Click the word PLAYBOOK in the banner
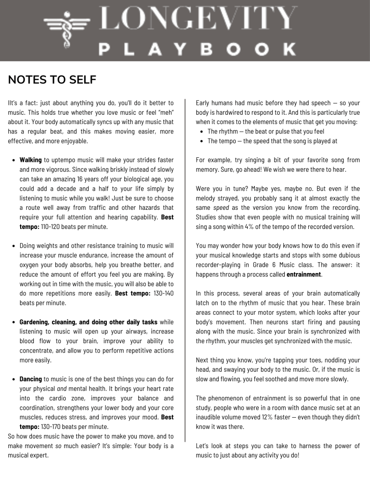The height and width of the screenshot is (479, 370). [196, 48]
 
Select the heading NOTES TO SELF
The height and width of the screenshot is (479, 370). [52, 80]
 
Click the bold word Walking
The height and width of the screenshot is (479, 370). [30, 160]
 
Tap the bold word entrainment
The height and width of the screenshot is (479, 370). [304, 274]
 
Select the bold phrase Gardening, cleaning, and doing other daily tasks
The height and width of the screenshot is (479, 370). [89, 322]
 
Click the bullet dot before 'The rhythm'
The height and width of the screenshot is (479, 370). [201, 132]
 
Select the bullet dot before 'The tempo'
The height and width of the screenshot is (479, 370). [201, 141]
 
